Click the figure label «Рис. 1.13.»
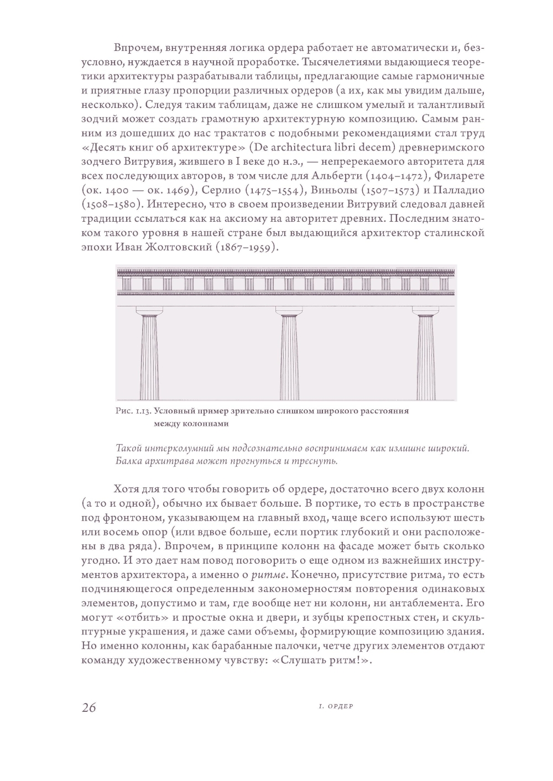tap(133, 411)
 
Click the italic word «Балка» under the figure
tap(130, 461)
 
